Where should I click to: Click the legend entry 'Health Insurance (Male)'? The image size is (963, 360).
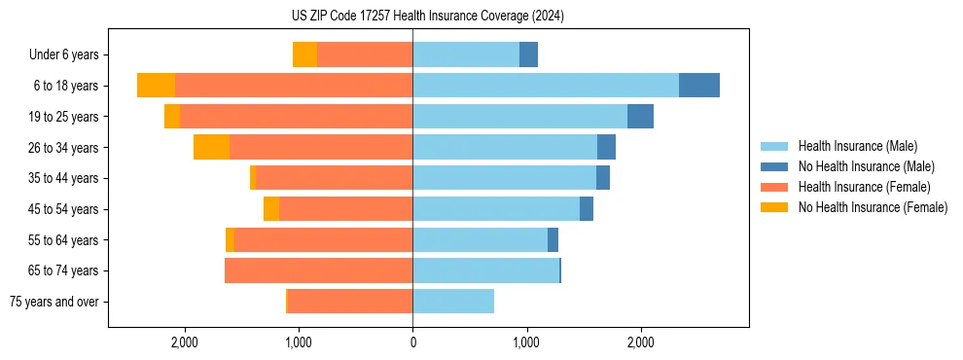coord(857,146)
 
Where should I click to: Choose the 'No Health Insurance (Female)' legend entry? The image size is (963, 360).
coord(873,207)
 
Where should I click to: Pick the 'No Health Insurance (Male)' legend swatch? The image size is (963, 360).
coord(774,166)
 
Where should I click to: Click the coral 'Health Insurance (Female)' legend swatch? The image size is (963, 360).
coord(774,187)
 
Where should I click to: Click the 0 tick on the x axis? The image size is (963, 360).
coord(412,342)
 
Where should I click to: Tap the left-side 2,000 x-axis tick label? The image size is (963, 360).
coord(185,342)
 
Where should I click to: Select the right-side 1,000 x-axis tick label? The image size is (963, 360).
coord(526,342)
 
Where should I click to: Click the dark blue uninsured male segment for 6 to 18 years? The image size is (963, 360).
coord(698,86)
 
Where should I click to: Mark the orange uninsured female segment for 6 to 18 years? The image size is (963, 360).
coord(156,86)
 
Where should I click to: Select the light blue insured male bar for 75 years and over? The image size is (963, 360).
coord(453,302)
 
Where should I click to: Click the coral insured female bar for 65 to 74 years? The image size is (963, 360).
coord(318,270)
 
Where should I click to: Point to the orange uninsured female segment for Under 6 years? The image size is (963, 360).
coord(304,54)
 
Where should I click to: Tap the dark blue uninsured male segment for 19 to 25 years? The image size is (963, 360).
coord(640,117)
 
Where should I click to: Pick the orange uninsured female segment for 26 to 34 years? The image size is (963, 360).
coord(211,147)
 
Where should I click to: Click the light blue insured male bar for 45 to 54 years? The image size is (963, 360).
coord(496,209)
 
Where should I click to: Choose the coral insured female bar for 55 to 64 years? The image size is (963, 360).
coord(323,240)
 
